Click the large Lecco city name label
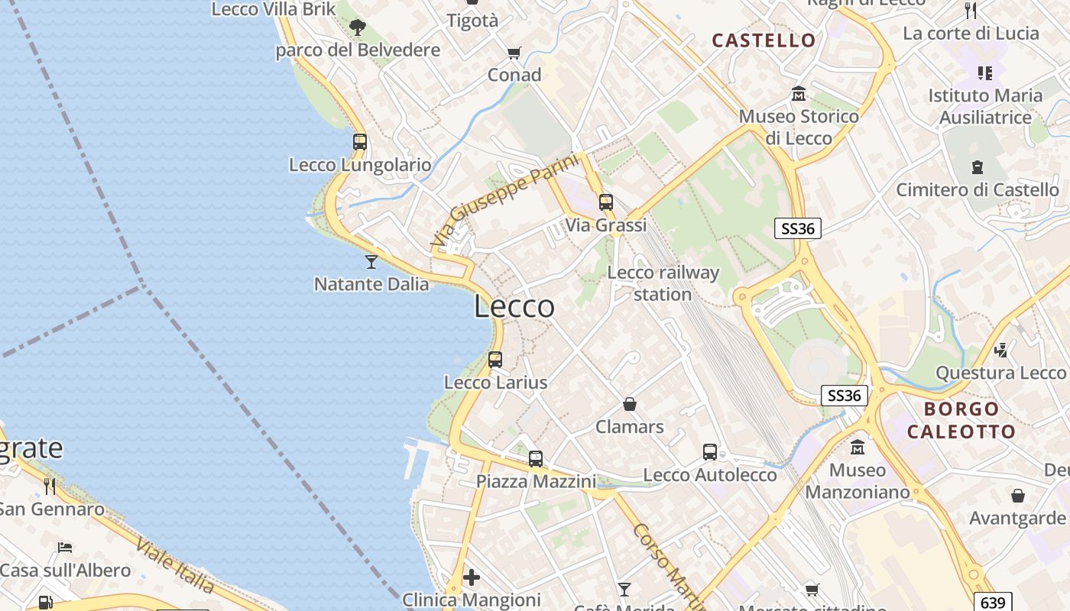(x=514, y=306)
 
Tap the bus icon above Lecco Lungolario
(x=360, y=142)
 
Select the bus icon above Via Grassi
(x=606, y=202)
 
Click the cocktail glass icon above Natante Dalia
(x=371, y=262)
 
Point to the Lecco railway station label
(x=663, y=283)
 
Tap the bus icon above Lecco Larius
(x=495, y=360)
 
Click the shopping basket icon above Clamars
(x=630, y=404)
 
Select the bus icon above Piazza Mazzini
(x=536, y=459)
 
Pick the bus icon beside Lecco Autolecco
(x=710, y=452)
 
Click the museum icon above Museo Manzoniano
(x=858, y=447)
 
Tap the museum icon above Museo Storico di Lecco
(x=799, y=94)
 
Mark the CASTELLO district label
(x=764, y=40)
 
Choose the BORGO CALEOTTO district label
(x=961, y=420)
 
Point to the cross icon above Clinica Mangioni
(x=472, y=577)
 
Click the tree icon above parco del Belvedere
(x=357, y=28)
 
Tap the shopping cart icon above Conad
(x=514, y=53)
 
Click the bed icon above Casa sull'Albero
(x=65, y=548)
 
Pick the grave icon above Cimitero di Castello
(x=978, y=166)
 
